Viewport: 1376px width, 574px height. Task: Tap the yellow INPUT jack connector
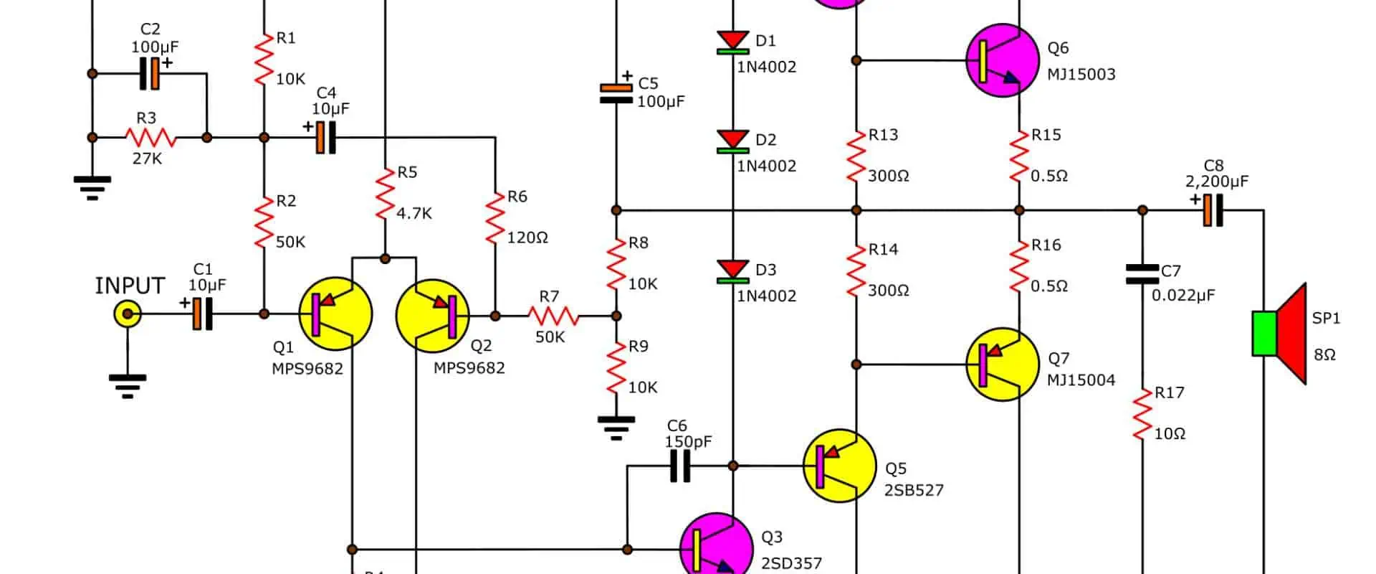(128, 314)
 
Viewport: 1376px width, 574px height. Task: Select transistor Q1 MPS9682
(335, 314)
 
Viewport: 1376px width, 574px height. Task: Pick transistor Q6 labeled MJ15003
(1002, 60)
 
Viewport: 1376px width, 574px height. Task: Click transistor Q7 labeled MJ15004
(1002, 364)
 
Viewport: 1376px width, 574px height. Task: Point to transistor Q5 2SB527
(838, 466)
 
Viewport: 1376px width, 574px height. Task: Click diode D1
(732, 42)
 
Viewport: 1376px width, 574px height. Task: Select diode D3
(732, 270)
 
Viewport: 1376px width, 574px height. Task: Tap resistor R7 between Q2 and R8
(553, 316)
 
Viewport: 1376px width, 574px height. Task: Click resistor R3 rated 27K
(150, 137)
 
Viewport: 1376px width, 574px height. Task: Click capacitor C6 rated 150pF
(679, 466)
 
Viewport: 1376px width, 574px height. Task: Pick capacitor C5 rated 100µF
(616, 93)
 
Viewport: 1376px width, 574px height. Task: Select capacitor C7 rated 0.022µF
(1142, 273)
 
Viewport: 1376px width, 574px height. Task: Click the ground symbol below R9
(616, 427)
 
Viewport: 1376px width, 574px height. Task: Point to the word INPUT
(130, 286)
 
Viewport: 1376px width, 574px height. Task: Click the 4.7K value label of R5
(414, 213)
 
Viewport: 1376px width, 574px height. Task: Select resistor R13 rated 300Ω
(856, 156)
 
